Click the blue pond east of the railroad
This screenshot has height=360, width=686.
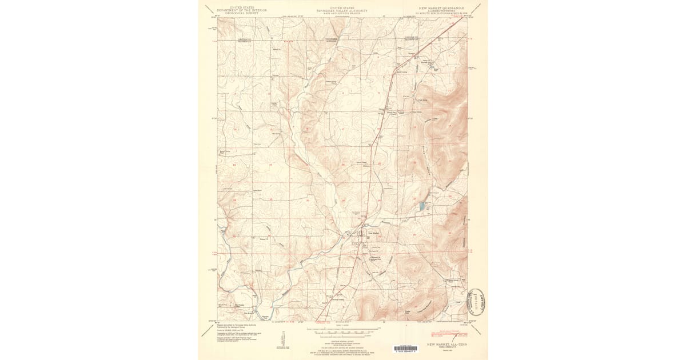[x=422, y=206]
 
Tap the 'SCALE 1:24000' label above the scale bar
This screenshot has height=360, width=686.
[x=342, y=325]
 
